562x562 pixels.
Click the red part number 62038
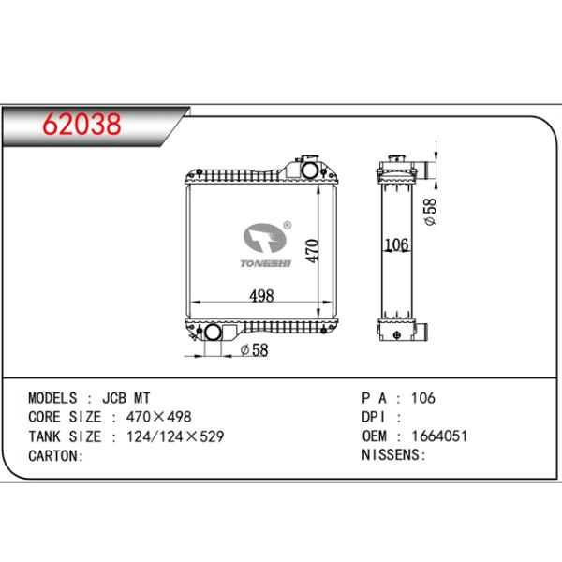[81, 125]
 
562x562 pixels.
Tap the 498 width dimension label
[261, 296]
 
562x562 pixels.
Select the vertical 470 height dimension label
[313, 251]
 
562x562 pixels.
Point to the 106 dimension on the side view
[396, 244]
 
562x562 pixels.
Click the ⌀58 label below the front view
[254, 349]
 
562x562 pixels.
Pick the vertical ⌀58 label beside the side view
[431, 212]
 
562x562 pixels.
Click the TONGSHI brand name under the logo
[266, 263]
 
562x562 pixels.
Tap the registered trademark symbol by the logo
[288, 225]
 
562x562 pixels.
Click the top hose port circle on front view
[309, 170]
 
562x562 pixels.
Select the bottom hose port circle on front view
[213, 332]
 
